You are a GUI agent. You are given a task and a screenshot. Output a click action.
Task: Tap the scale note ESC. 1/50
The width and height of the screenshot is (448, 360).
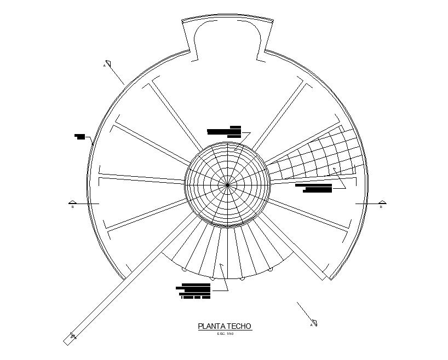[x=225, y=334]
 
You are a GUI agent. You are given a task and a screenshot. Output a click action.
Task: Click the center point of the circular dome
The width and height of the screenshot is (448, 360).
[x=227, y=185]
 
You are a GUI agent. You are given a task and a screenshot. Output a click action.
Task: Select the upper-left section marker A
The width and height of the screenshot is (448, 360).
[x=108, y=63]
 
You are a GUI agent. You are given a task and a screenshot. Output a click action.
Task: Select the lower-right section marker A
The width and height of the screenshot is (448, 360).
[x=314, y=322]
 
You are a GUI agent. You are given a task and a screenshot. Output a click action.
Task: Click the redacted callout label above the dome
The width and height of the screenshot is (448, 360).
[x=225, y=131]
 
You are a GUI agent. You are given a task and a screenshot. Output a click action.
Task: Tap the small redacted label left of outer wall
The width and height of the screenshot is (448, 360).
[x=80, y=136]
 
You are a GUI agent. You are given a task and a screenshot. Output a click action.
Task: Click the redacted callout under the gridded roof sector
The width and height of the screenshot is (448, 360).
[x=314, y=188]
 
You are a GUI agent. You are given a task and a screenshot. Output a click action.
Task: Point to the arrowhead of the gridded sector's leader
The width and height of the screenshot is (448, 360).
[x=334, y=169]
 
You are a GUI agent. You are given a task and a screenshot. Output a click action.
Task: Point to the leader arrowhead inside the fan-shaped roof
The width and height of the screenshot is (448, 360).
[x=221, y=265]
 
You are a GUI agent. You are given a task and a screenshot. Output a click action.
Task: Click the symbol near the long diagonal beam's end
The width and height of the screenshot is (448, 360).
[x=73, y=336]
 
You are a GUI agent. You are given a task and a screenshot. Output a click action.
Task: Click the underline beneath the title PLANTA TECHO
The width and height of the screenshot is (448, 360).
[x=225, y=331]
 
